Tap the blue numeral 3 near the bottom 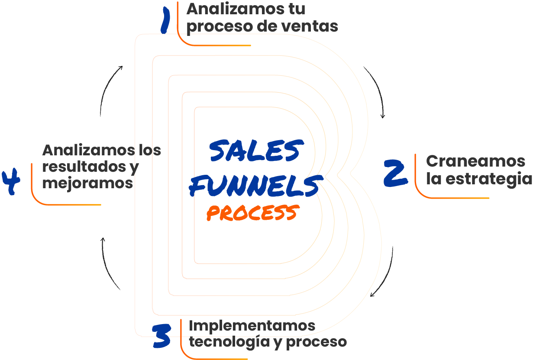(154, 334)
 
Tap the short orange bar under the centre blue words (247, 212)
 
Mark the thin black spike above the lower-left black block (103, 251)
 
